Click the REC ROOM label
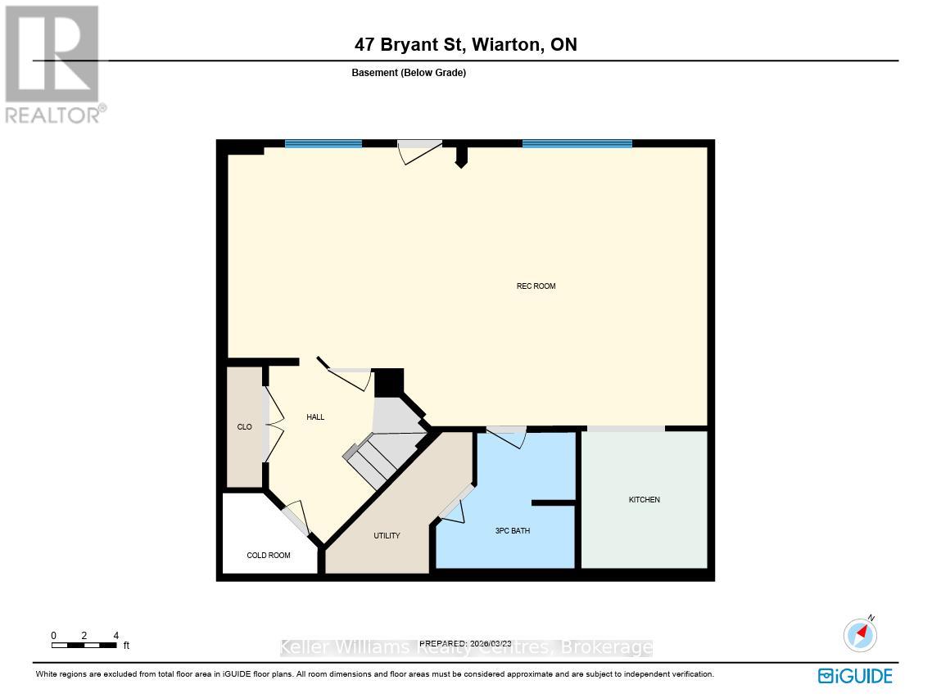pos(536,286)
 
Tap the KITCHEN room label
pos(644,500)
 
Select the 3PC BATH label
pos(513,531)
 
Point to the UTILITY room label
pos(387,536)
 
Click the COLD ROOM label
pos(269,556)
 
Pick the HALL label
pos(315,417)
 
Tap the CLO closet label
pos(245,427)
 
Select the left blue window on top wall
pos(323,144)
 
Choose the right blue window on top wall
pos(577,144)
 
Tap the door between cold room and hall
pos(295,517)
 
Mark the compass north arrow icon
pos(860,635)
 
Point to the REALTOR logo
pos(54,64)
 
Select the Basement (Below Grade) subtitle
pos(409,73)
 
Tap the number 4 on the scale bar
pos(115,636)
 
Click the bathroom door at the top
pos(506,435)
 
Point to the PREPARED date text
pos(465,644)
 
